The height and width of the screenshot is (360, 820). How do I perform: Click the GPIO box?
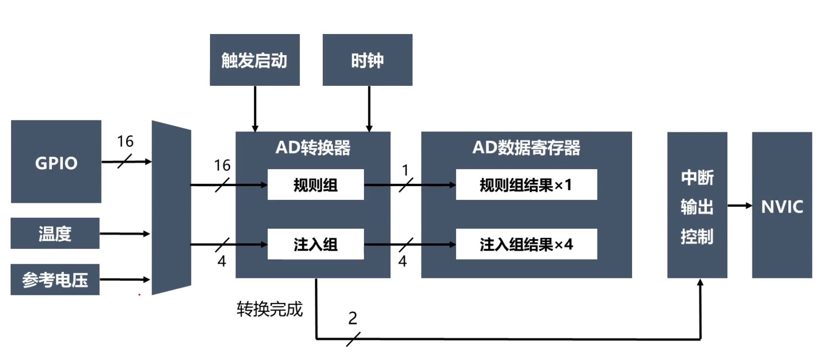pos(56,162)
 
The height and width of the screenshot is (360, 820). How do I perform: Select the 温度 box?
pos(55,233)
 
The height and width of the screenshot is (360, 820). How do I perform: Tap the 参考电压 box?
pos(55,279)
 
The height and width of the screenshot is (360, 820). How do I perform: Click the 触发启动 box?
pos(255,60)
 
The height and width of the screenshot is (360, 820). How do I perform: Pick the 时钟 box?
pos(367,60)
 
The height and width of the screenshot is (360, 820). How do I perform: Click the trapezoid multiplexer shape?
pos(171,208)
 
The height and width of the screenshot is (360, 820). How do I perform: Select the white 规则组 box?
pos(316,185)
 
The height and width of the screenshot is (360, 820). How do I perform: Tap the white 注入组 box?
pos(316,244)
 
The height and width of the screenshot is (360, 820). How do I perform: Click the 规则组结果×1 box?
pos(526,185)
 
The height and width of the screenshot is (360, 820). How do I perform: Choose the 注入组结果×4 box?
pos(526,244)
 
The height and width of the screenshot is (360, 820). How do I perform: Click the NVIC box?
pos(782,205)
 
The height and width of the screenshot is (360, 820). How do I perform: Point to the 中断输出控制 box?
pos(697,205)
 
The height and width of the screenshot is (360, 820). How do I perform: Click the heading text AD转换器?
pos(313,148)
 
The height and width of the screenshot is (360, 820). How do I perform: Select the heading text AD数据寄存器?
pos(526,148)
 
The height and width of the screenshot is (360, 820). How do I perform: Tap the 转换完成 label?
pos(269,309)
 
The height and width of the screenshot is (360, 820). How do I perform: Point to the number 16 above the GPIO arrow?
pos(125,141)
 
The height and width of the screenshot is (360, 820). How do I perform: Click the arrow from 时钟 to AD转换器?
pos(369,108)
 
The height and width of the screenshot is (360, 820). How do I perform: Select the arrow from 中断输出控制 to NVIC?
pos(739,206)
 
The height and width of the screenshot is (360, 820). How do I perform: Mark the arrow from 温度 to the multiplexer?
pos(125,234)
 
